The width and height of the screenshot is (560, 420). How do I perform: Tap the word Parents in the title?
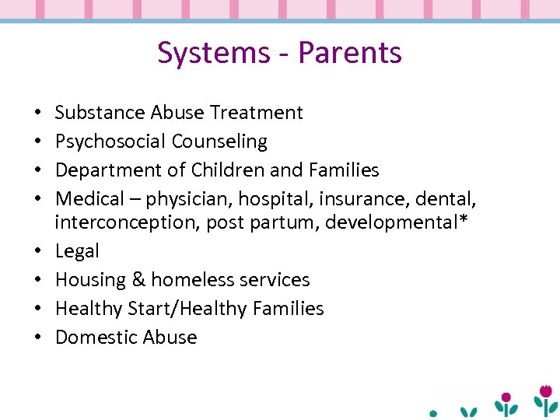click(x=350, y=53)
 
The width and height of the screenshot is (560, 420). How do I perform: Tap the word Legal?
click(x=77, y=251)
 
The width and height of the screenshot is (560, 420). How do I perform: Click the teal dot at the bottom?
click(x=434, y=412)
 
